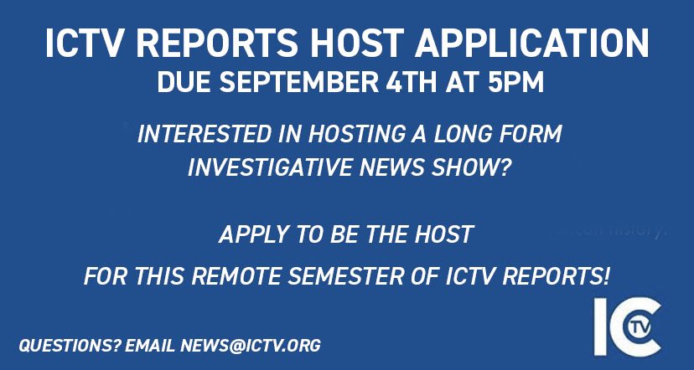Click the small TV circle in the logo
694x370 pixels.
click(x=645, y=326)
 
